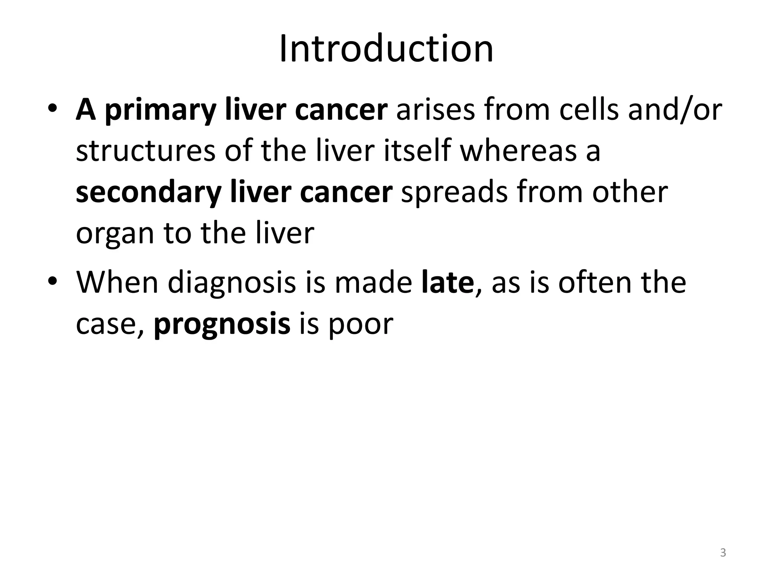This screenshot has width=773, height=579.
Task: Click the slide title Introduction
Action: [386, 49]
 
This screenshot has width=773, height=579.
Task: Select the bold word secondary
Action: [148, 192]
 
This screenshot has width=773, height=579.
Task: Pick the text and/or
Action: [675, 110]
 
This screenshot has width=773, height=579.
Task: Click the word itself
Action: [417, 151]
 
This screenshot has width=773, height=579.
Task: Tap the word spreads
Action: [454, 193]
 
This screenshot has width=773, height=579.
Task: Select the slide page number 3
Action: [723, 553]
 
